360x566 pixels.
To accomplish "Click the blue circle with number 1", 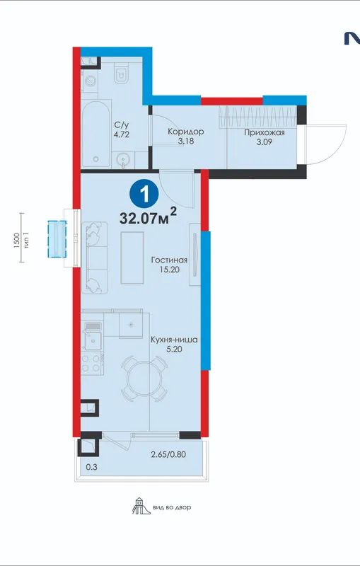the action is pyautogui.click(x=144, y=195).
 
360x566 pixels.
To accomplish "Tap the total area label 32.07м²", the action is pyautogui.click(x=148, y=217).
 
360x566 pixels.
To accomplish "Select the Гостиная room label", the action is pyautogui.click(x=169, y=260).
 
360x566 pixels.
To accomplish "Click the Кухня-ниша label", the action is pyautogui.click(x=174, y=340).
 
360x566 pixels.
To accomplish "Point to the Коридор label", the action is pyautogui.click(x=186, y=132).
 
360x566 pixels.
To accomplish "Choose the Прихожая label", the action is pyautogui.click(x=265, y=132).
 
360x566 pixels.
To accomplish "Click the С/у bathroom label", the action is pyautogui.click(x=122, y=125).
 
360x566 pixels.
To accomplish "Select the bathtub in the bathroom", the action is pyautogui.click(x=95, y=134).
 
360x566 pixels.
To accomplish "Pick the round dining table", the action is pyautogui.click(x=144, y=379).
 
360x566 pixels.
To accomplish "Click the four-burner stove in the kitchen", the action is pyautogui.click(x=92, y=363).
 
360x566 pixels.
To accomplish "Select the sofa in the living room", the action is pyautogui.click(x=95, y=258).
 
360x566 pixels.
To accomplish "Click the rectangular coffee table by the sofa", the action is pyautogui.click(x=132, y=258).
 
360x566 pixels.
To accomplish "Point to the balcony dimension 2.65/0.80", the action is pyautogui.click(x=168, y=454).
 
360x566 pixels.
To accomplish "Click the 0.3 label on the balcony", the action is pyautogui.click(x=92, y=467).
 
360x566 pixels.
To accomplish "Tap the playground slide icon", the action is pyautogui.click(x=138, y=506).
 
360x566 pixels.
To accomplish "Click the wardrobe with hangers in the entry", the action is pyautogui.click(x=258, y=117).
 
